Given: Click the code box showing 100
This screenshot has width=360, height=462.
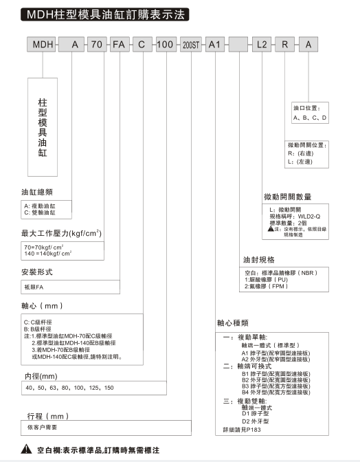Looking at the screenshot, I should [164, 45].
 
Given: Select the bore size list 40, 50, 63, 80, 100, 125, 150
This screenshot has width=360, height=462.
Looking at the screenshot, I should [69, 389].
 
